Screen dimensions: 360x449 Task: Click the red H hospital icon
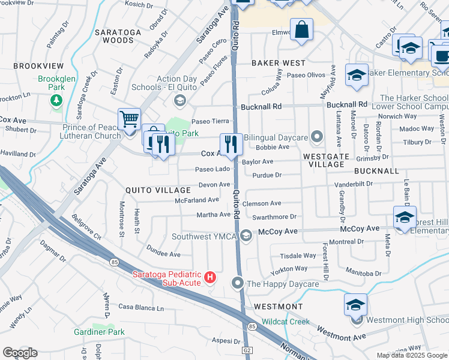[210, 277]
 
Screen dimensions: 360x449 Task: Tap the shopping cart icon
[129, 119]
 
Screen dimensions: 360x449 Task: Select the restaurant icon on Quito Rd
[231, 144]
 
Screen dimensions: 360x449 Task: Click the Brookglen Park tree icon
[56, 100]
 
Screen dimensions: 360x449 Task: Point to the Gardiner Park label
[99, 332]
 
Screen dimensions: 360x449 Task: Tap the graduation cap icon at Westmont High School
[355, 305]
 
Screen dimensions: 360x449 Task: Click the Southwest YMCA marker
[246, 236]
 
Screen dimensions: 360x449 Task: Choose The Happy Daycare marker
[238, 283]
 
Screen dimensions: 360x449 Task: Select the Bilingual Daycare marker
[316, 138]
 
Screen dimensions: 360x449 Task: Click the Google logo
[20, 353]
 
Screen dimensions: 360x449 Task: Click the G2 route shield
[247, 350]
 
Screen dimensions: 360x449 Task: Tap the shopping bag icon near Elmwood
[301, 30]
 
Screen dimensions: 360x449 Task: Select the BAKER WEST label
[278, 63]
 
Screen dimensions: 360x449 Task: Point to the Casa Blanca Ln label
[140, 307]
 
